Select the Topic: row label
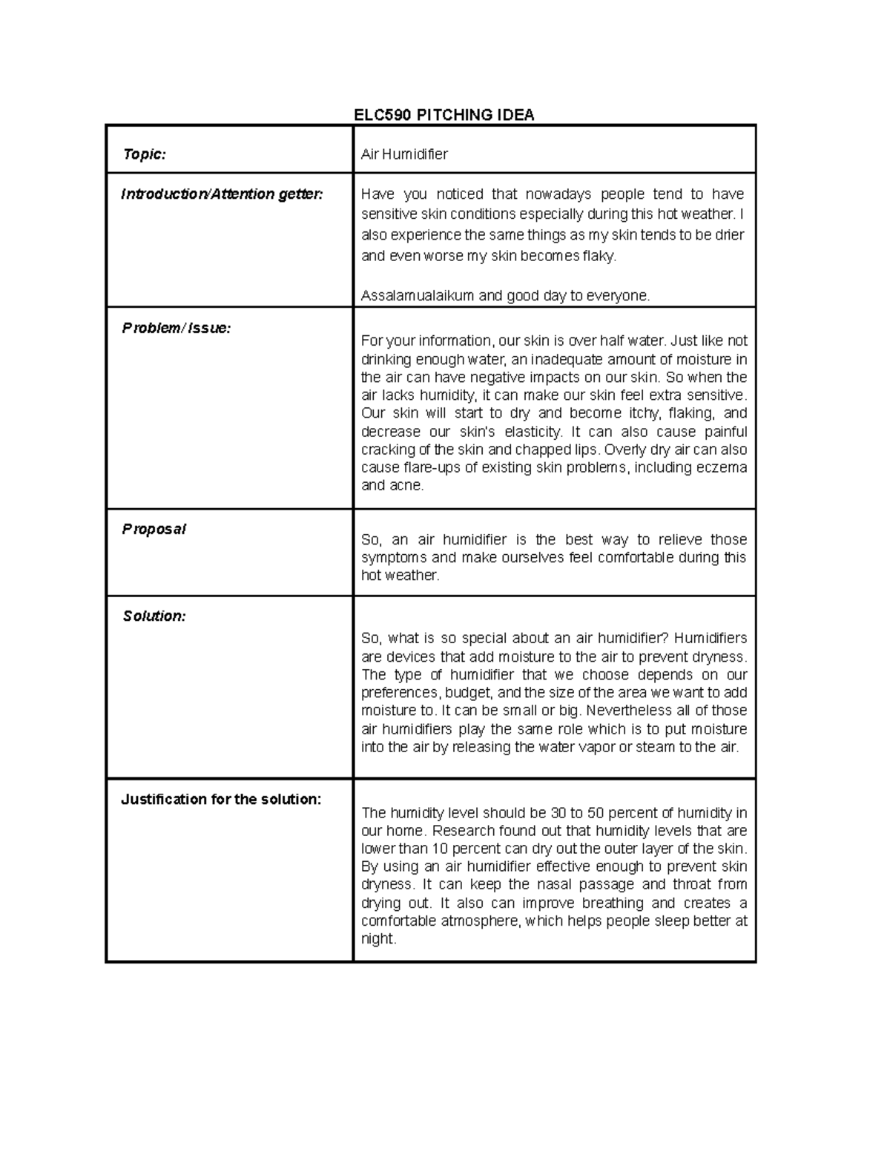(144, 154)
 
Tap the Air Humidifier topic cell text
(404, 154)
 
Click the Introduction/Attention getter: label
(222, 194)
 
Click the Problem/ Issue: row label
(177, 328)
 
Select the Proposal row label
(154, 529)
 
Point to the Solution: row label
(154, 616)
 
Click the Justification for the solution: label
(221, 800)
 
